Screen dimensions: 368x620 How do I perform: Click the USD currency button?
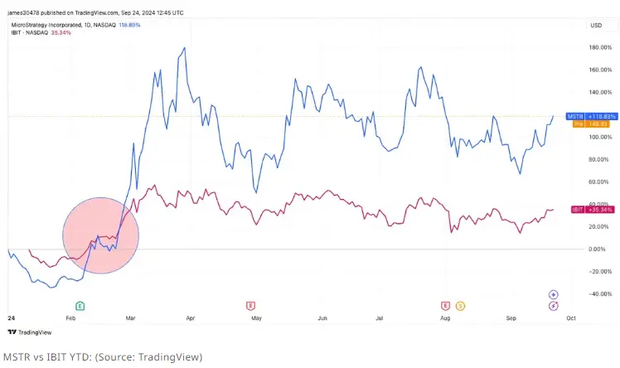coord(595,26)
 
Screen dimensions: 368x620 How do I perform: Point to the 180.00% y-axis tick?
coord(599,47)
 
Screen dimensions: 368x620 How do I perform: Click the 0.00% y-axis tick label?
coord(598,249)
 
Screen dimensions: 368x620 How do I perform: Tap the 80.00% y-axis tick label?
coord(599,159)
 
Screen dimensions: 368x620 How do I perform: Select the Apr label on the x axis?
coord(191,317)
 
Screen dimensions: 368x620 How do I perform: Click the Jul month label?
coord(380,317)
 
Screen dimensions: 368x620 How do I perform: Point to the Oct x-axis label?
coord(570,317)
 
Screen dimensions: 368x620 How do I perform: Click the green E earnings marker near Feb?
coord(80,306)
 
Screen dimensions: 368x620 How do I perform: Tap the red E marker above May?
coord(250,306)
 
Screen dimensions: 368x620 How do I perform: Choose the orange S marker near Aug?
coord(460,306)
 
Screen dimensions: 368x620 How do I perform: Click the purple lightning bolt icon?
coord(553,306)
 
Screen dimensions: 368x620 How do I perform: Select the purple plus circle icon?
coord(553,294)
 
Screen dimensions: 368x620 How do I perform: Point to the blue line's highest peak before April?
coord(183,48)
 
